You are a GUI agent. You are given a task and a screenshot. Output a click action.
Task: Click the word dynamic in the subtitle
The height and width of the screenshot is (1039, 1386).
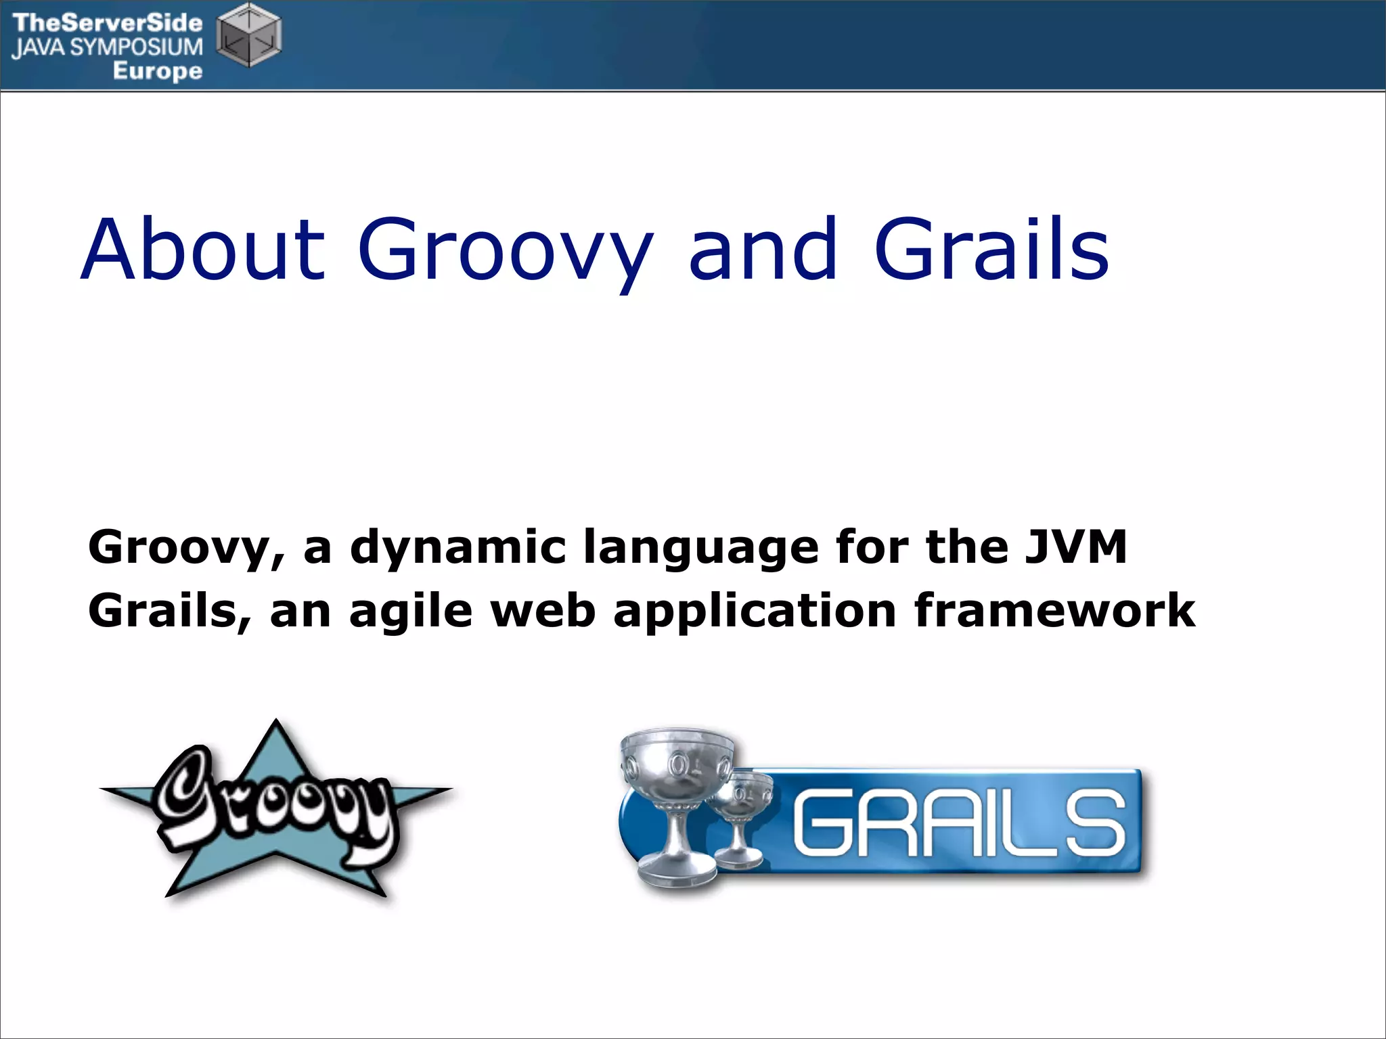(x=457, y=548)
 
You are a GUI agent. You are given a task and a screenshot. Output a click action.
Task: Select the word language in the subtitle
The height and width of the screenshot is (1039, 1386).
(x=700, y=548)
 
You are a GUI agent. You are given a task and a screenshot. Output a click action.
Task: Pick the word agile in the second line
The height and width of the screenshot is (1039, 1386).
(x=410, y=611)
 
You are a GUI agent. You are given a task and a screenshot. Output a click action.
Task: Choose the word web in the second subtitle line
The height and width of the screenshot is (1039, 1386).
(x=543, y=611)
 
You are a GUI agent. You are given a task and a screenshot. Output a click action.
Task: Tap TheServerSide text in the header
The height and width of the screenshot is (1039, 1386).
(x=107, y=22)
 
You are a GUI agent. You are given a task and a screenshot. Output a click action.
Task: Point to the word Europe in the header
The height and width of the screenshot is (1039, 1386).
(x=157, y=71)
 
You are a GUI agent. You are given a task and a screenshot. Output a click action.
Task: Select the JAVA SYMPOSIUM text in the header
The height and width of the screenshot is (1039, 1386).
(x=107, y=47)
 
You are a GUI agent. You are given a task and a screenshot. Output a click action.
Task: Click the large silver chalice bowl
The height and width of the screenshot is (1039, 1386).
(x=677, y=761)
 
